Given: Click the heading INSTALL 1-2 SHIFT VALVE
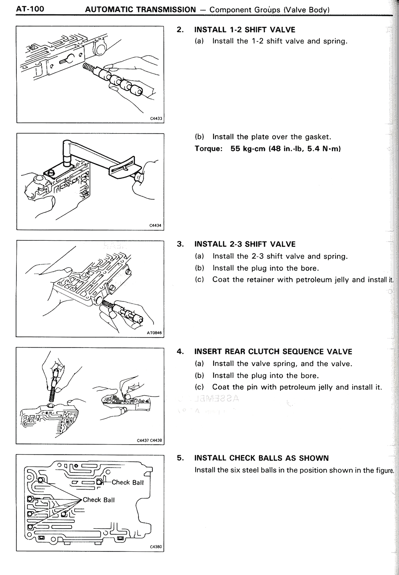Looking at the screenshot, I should point(244,30).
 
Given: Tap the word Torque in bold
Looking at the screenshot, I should point(208,148).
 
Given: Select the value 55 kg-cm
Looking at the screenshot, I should point(248,148).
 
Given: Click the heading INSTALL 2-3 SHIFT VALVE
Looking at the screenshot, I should point(245,244).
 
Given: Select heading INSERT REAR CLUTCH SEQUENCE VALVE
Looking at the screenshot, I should point(273,352).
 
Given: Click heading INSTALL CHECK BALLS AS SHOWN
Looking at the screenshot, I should point(261,458).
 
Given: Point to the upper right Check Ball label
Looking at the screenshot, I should point(127,482).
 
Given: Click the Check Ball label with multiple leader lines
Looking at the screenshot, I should point(99,500).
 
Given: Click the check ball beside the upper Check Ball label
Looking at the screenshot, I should point(99,482).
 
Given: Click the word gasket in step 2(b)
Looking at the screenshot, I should point(317,137).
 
